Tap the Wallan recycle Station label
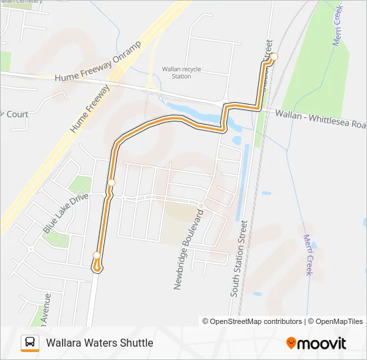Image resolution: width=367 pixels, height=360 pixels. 181,73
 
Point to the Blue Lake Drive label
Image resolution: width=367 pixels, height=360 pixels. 65,213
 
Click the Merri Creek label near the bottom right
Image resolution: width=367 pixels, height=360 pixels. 308,255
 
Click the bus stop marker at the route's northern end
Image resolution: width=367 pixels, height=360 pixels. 273,57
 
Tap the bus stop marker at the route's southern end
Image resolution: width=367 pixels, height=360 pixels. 97,255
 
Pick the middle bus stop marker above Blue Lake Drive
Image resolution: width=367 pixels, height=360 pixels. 111,183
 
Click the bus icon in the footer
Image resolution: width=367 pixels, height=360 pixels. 30,343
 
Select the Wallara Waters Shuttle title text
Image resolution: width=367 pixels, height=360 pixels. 99,343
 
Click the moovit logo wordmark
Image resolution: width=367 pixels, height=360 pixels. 322,343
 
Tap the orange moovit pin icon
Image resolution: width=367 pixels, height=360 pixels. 291,343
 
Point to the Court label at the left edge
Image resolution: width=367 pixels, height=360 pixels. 17,114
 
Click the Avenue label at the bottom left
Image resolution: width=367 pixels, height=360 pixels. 46,309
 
